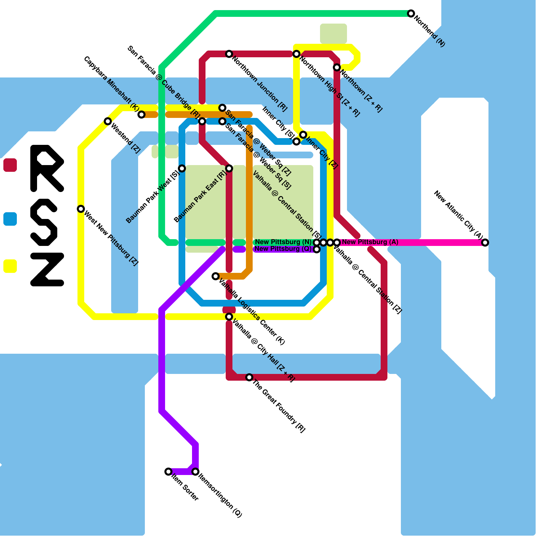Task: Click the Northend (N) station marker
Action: pyautogui.click(x=411, y=13)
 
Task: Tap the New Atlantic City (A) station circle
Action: pyautogui.click(x=485, y=243)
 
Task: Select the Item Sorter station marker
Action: pyautogui.click(x=168, y=472)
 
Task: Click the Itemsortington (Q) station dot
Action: pyautogui.click(x=195, y=472)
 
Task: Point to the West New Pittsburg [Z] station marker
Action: pyautogui.click(x=81, y=209)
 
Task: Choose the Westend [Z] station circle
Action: pyautogui.click(x=108, y=121)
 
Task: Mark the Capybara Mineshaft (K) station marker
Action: pyautogui.click(x=142, y=115)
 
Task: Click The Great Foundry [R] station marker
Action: pyautogui.click(x=249, y=377)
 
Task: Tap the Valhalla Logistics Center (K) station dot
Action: pyautogui.click(x=216, y=276)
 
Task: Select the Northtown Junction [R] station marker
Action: pyautogui.click(x=229, y=54)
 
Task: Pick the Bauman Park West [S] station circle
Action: pyautogui.click(x=182, y=168)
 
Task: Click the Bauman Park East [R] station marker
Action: pyautogui.click(x=229, y=168)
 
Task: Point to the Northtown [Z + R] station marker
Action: pyautogui.click(x=337, y=67)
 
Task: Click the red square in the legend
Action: pyautogui.click(x=10, y=165)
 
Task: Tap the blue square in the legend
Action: pyautogui.click(x=10, y=219)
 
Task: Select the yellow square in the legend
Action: pyautogui.click(x=10, y=266)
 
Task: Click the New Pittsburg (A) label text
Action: pyautogui.click(x=370, y=242)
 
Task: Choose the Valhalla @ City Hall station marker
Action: pyautogui.click(x=229, y=317)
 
